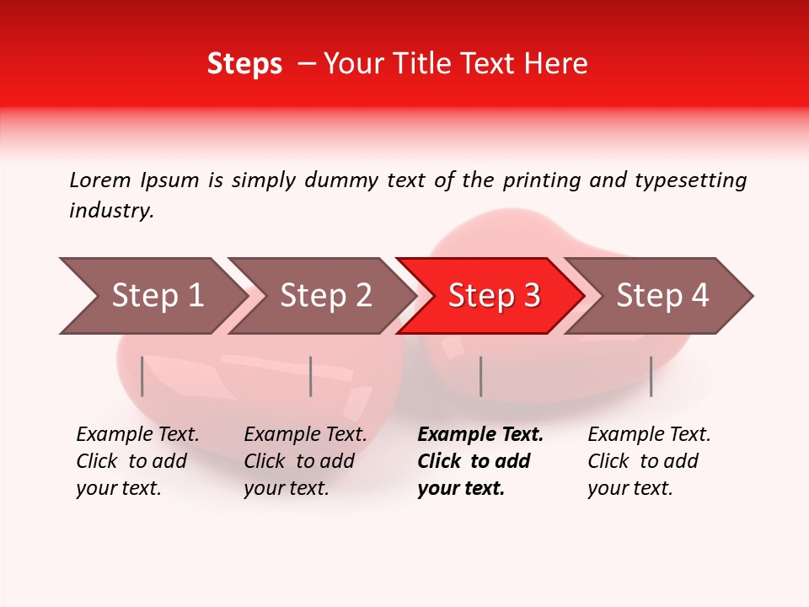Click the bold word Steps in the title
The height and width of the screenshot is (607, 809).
(x=244, y=64)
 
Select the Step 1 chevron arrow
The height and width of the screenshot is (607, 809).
(x=152, y=296)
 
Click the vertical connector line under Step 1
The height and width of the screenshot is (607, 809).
(x=142, y=376)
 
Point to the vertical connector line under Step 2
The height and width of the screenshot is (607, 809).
(x=311, y=376)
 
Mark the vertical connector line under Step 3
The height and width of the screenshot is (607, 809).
(x=480, y=376)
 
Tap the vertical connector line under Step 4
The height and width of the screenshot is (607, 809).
(x=651, y=376)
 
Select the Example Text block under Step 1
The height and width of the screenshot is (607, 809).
(x=137, y=461)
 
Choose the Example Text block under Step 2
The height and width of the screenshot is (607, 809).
(x=305, y=461)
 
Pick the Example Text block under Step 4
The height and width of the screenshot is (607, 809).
(x=649, y=461)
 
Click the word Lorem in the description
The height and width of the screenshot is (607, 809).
(x=100, y=180)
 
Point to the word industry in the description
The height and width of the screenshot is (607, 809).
(x=111, y=211)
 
